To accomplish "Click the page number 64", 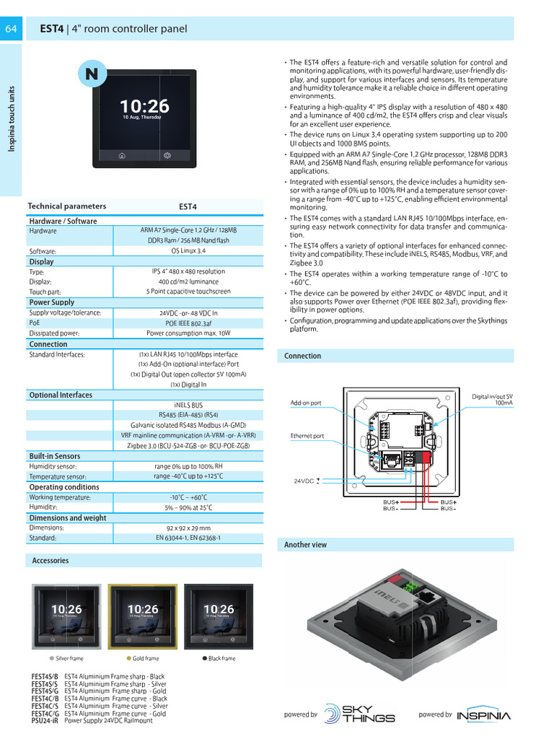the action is click(11, 29).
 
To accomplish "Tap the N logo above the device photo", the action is click(92, 74).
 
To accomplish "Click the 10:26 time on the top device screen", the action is click(144, 107).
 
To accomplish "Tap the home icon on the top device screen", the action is click(122, 155).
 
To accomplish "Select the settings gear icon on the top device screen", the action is click(167, 155).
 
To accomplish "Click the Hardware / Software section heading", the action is click(63, 221).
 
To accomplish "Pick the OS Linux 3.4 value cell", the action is click(188, 250).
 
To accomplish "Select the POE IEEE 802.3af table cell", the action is click(188, 323).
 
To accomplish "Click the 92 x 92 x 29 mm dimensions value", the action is click(188, 528).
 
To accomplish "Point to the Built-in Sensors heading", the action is click(55, 456).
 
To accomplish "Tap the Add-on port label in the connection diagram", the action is click(306, 403).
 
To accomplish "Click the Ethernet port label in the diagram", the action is click(307, 436).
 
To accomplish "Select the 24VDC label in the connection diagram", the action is click(304, 481).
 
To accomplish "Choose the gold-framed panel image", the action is click(142, 616).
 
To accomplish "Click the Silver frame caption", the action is click(69, 658).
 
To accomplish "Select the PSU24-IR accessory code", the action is click(45, 720).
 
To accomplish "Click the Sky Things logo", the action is click(359, 714).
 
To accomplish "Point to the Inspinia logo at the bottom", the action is click(484, 715).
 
